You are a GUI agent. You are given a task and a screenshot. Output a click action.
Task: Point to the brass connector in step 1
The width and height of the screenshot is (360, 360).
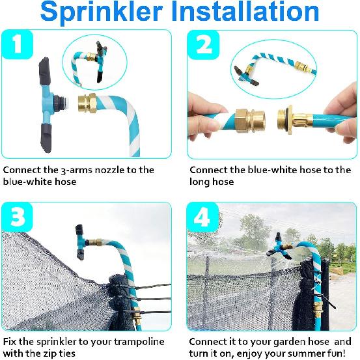click(87, 102)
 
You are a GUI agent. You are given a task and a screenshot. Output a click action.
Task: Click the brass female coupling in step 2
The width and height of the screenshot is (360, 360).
click(249, 117)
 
